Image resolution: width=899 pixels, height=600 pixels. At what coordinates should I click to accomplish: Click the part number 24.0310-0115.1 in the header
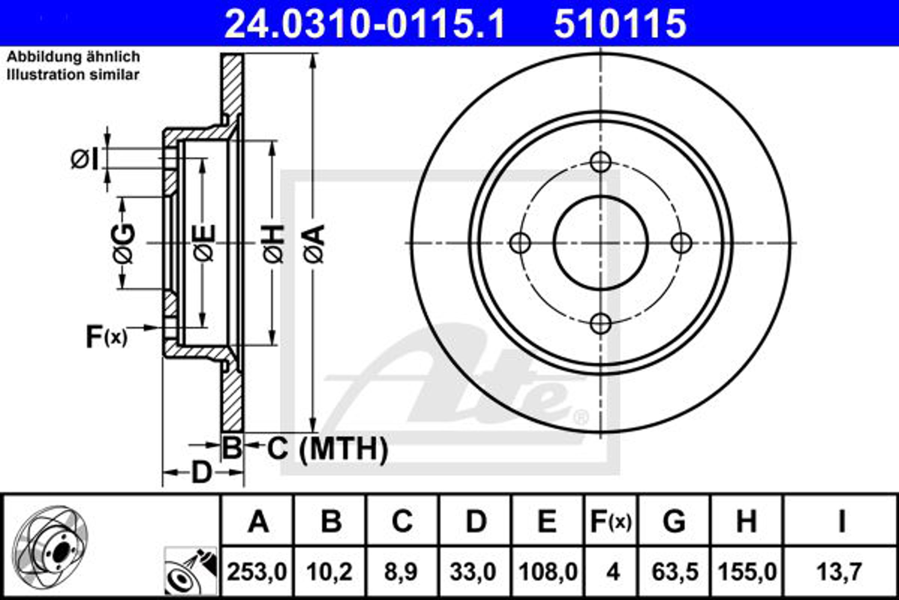click(365, 24)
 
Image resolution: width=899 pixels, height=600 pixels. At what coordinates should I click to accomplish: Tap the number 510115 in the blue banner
click(620, 24)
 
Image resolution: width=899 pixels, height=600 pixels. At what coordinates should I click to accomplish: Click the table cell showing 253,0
click(257, 573)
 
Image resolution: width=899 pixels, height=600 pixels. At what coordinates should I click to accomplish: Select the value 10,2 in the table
click(330, 573)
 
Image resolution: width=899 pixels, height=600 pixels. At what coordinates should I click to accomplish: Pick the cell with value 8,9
click(401, 573)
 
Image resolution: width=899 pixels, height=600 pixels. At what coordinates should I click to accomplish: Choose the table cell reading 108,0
click(548, 573)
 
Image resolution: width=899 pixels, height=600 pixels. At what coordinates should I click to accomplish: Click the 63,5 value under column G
click(675, 573)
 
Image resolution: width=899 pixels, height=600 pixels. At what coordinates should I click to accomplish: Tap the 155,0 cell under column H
click(748, 573)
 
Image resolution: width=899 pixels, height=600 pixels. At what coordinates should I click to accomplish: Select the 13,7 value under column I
click(840, 573)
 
